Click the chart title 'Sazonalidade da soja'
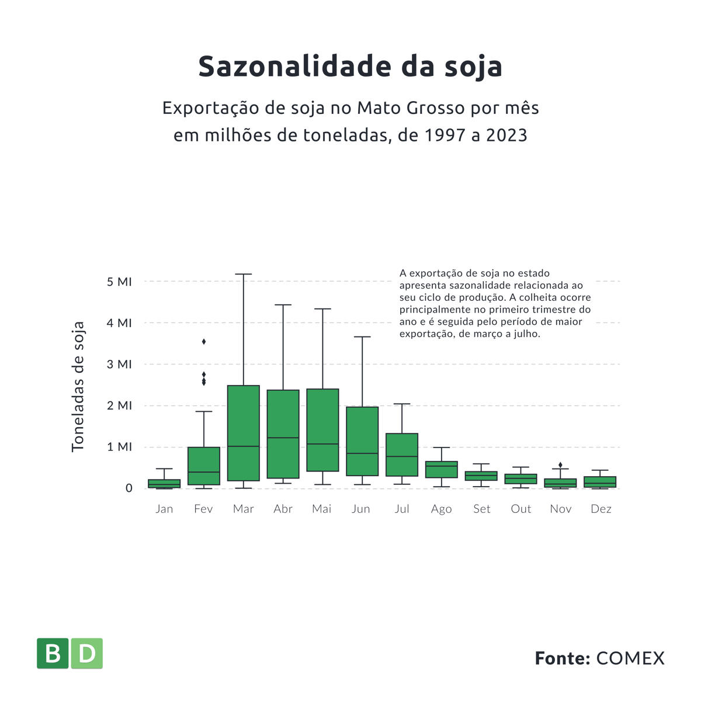point(350,66)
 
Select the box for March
point(243,432)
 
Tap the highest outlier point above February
point(204,341)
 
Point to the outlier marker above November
point(560,465)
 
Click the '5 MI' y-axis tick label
point(120,282)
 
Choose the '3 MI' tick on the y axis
point(120,364)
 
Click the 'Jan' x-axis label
point(164,509)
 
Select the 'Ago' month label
point(441,509)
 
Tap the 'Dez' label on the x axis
point(601,509)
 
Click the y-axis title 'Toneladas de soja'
point(78,386)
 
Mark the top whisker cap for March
point(243,274)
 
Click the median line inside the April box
point(283,438)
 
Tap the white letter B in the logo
point(53,653)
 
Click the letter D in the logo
point(86,653)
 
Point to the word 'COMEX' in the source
point(630,658)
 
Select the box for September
point(481,476)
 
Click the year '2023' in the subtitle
point(506,135)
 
